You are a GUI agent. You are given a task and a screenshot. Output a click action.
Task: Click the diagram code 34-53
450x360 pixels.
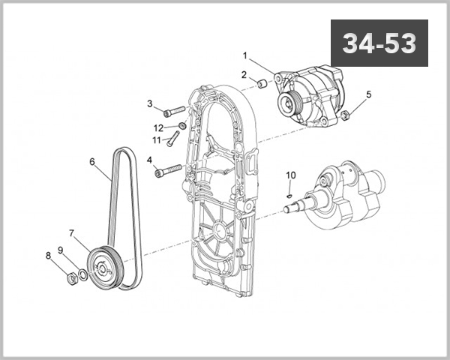click(x=379, y=44)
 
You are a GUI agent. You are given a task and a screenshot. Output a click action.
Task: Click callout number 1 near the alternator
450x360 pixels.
click(x=244, y=55)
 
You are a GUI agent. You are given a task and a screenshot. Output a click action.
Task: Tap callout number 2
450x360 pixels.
click(x=244, y=74)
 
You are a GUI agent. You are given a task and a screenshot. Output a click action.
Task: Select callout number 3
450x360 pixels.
click(x=149, y=103)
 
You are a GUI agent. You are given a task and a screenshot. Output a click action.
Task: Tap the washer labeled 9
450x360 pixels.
click(x=82, y=273)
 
